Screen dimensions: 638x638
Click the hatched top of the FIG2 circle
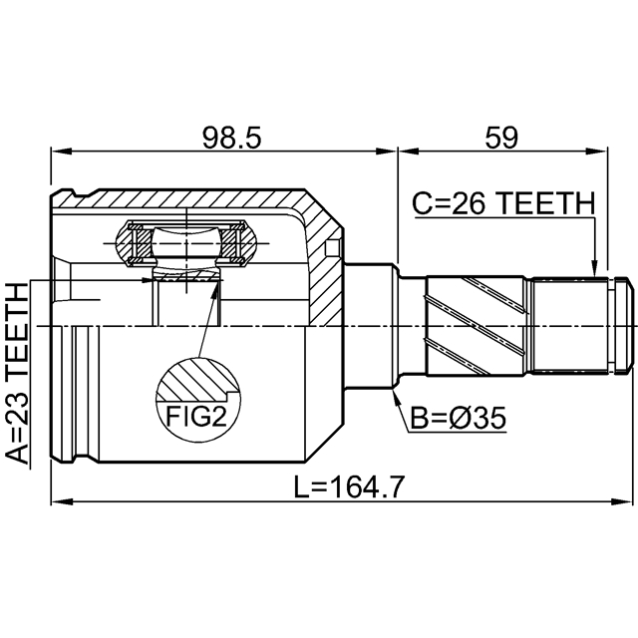click(x=198, y=378)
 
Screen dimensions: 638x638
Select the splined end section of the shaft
click(x=573, y=326)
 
